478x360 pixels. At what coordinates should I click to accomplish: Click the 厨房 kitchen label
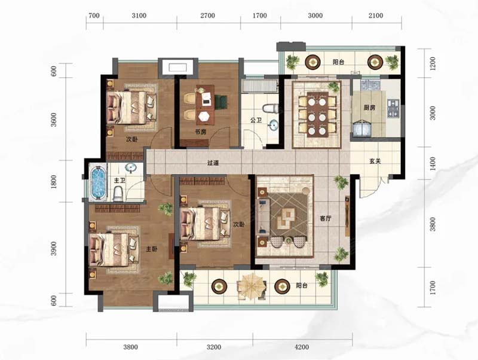(x=369, y=108)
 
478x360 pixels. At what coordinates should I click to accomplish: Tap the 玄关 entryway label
(x=375, y=161)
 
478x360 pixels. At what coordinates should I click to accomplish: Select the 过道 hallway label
(x=213, y=163)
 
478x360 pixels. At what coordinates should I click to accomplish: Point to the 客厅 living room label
(x=325, y=218)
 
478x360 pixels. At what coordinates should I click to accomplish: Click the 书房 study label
(x=201, y=132)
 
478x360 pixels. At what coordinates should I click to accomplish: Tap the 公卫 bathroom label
(x=256, y=120)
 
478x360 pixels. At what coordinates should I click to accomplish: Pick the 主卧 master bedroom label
(x=152, y=249)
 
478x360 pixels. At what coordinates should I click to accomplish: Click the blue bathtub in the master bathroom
(x=98, y=182)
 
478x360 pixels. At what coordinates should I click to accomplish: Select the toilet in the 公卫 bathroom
(x=271, y=108)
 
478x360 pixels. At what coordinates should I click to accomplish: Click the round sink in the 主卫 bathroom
(x=131, y=168)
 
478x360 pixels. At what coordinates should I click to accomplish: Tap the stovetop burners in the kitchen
(x=393, y=109)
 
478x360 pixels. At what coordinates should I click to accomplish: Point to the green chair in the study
(x=220, y=102)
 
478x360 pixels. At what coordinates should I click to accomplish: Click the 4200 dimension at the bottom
(x=302, y=347)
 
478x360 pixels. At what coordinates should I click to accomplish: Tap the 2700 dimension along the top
(x=207, y=16)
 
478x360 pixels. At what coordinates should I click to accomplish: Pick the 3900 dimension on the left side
(x=54, y=248)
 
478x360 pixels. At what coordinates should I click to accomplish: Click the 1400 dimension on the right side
(x=433, y=163)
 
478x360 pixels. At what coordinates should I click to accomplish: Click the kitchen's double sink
(x=369, y=83)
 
